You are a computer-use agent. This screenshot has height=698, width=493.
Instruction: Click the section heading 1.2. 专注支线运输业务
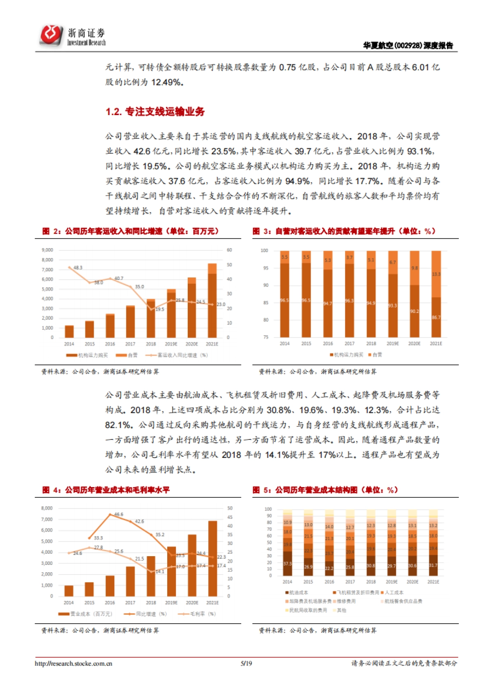(155, 112)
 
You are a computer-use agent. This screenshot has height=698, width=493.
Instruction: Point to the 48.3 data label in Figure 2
(78, 268)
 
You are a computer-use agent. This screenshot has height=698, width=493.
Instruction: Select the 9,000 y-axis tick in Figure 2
(47, 250)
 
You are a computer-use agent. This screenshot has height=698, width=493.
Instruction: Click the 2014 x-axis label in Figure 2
(69, 344)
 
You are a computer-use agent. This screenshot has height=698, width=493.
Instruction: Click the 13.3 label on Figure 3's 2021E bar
(436, 274)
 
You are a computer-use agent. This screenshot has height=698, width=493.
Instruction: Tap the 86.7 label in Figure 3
(436, 317)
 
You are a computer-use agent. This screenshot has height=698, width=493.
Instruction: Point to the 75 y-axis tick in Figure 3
(265, 337)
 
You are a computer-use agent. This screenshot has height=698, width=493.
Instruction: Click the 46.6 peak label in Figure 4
(119, 514)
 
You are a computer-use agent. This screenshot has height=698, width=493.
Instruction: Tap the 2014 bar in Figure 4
(69, 591)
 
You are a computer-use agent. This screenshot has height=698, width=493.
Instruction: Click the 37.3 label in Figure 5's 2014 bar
(287, 564)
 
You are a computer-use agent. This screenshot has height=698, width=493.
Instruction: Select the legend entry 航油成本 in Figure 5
(298, 593)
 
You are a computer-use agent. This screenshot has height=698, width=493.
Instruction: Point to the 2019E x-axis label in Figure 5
(392, 582)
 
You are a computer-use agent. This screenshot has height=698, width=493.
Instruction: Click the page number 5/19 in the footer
(246, 663)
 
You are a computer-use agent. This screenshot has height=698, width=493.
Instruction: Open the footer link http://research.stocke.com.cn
(74, 663)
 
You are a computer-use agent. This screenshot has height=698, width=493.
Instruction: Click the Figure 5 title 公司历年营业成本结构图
(316, 490)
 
